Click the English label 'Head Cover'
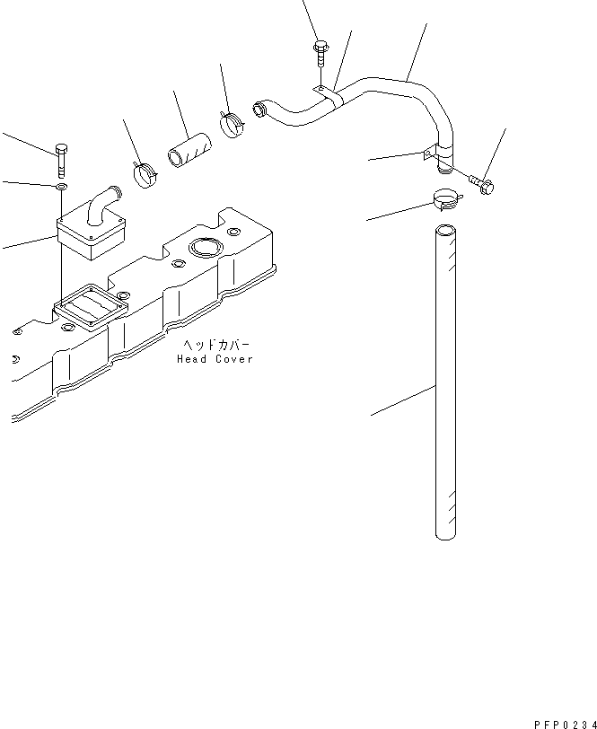pyautogui.click(x=215, y=359)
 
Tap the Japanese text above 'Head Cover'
pyautogui.click(x=215, y=345)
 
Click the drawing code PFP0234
pyautogui.click(x=565, y=724)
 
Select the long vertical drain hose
pyautogui.click(x=445, y=382)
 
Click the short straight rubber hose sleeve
pyautogui.click(x=189, y=150)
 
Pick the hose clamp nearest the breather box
pyautogui.click(x=145, y=174)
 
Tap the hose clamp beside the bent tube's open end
pyautogui.click(x=232, y=124)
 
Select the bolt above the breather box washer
pyautogui.click(x=61, y=161)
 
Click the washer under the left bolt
pyautogui.click(x=61, y=187)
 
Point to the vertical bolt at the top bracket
pyautogui.click(x=320, y=55)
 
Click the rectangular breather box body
pyautogui.click(x=92, y=236)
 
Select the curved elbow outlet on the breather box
pyautogui.click(x=104, y=204)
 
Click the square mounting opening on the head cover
pyautogui.click(x=90, y=308)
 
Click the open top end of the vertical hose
pyautogui.click(x=445, y=231)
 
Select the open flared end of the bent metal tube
pyautogui.click(x=259, y=109)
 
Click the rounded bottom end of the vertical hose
pyautogui.click(x=445, y=536)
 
